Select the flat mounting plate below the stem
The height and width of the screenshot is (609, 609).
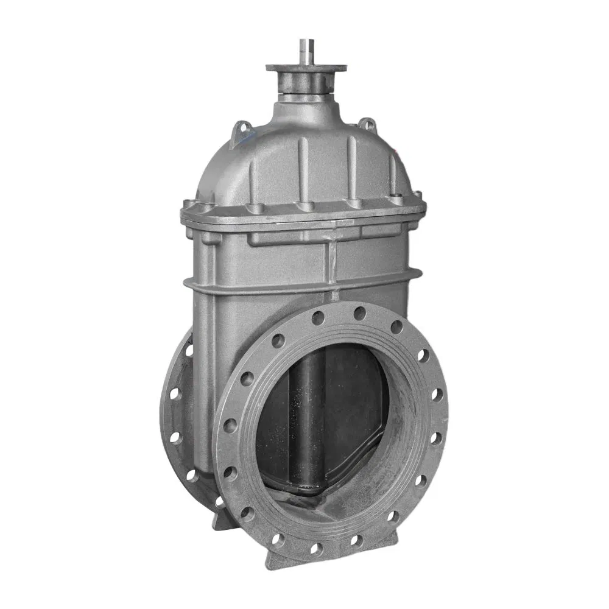point(306,68)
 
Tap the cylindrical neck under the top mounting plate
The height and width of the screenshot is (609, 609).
point(305,85)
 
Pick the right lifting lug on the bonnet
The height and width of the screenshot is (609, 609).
point(367,124)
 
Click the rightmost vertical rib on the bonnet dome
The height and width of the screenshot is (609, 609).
point(393,171)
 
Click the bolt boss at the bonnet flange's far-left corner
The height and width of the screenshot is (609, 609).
point(190,203)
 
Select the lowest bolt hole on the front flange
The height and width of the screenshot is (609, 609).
point(316,548)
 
